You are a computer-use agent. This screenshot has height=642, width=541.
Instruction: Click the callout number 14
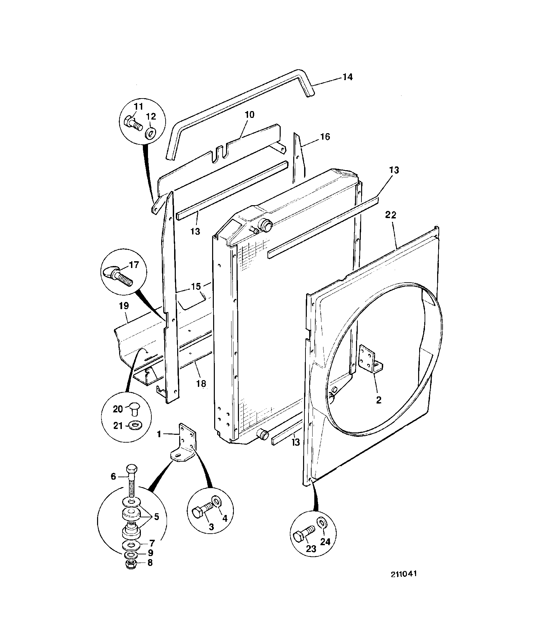(x=347, y=77)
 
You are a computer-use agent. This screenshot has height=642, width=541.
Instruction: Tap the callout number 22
(x=391, y=215)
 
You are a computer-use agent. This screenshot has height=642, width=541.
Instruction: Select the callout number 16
(x=325, y=137)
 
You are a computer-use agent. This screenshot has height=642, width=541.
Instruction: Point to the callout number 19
(x=124, y=306)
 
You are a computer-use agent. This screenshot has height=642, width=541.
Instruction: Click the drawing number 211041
(x=404, y=574)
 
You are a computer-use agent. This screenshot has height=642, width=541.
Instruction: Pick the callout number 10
(x=249, y=114)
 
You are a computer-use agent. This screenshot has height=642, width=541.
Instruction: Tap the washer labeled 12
(x=150, y=133)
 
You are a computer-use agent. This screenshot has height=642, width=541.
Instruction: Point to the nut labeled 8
(x=131, y=565)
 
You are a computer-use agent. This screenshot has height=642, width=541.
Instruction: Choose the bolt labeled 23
(x=303, y=535)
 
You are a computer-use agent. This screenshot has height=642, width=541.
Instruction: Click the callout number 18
(x=201, y=384)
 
